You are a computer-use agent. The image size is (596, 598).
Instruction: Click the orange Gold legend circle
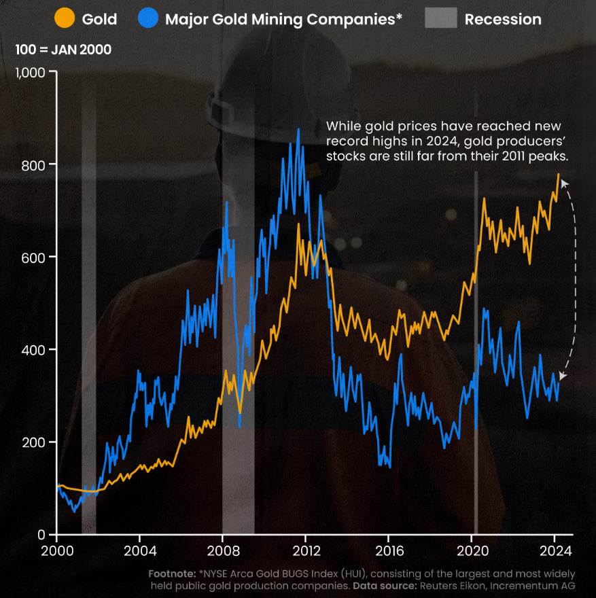pos(64,19)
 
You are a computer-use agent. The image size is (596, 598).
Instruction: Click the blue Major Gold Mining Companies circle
pos(147,19)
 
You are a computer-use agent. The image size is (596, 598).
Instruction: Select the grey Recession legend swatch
pos(440,19)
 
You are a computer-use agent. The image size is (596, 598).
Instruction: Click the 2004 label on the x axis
pos(140,550)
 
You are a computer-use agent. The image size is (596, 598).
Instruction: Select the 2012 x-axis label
pos(306,550)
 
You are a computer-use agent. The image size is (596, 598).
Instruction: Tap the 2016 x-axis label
pos(389,550)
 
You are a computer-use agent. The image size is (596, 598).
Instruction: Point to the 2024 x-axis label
pos(555,550)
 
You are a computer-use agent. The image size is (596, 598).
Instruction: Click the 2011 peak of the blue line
pos(298,129)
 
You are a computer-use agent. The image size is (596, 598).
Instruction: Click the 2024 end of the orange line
pos(559,174)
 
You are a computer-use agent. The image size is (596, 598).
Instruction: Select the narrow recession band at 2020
pos(476,353)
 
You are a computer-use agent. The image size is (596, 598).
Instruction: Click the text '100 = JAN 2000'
pos(63,50)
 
